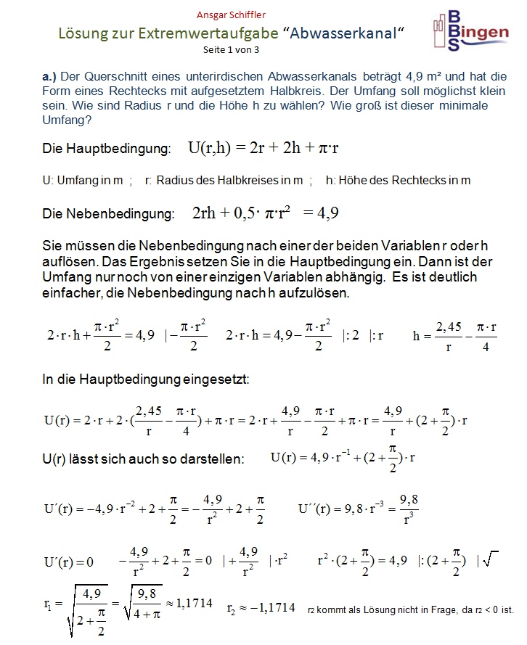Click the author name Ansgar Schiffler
[x=230, y=15]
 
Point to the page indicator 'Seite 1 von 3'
[x=231, y=50]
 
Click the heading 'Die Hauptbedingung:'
[x=107, y=149]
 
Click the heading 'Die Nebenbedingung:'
[x=109, y=214]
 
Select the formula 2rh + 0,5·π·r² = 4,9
[x=266, y=213]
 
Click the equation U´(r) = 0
[x=70, y=562]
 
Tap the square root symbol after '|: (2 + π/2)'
[x=491, y=559]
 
